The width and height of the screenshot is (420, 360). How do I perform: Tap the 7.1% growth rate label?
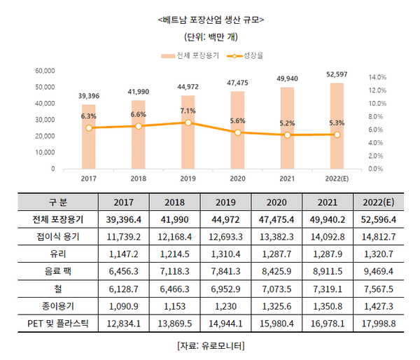(x=188, y=111)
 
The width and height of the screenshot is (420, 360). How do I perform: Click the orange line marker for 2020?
(x=238, y=132)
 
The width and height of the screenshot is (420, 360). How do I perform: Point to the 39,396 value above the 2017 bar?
(x=88, y=95)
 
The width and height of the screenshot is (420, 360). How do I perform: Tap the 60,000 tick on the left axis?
(x=44, y=71)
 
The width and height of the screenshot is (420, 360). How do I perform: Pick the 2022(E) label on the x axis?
(x=337, y=179)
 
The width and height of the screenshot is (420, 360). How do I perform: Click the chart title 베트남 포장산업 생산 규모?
(x=211, y=19)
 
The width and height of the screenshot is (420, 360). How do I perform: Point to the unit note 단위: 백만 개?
(x=211, y=36)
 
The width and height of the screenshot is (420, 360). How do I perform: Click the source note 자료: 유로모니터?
(x=211, y=345)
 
